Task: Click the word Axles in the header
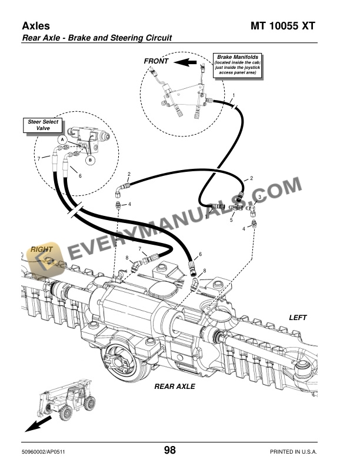(x=36, y=26)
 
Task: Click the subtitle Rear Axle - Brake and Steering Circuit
(x=96, y=38)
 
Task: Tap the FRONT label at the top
(x=156, y=61)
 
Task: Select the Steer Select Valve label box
(x=39, y=125)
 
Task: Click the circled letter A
(x=61, y=139)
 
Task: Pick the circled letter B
(x=90, y=159)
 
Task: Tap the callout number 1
(x=234, y=95)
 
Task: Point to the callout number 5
(x=231, y=220)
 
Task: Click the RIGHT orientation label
(x=42, y=249)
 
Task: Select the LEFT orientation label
(x=298, y=317)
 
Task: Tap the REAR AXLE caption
(x=174, y=387)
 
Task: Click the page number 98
(x=170, y=451)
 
